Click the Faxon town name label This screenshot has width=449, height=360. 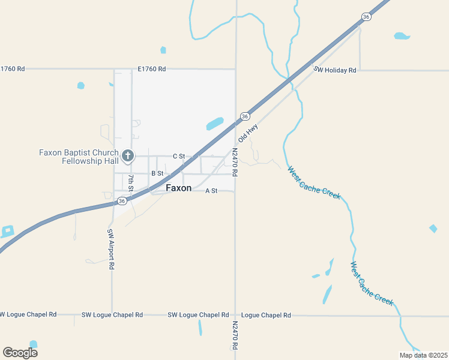click(178, 188)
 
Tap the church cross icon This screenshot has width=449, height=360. click(127, 156)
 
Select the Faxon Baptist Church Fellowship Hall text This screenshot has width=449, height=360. click(79, 157)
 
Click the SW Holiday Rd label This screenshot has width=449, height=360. click(335, 70)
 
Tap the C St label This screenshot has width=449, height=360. click(179, 156)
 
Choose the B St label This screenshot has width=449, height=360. click(157, 173)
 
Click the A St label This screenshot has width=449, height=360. click(211, 191)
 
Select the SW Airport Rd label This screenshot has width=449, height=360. click(110, 249)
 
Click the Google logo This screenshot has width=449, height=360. click(20, 352)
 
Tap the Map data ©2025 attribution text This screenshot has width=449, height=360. click(423, 355)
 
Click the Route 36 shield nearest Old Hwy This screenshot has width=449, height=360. click(245, 116)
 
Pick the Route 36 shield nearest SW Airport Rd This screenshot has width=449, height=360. click(122, 200)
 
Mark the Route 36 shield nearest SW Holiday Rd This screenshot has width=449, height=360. click(366, 17)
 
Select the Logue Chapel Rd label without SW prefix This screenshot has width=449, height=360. click(266, 315)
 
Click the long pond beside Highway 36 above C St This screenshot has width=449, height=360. click(214, 124)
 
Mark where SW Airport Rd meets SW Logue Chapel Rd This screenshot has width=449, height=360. click(112, 314)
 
